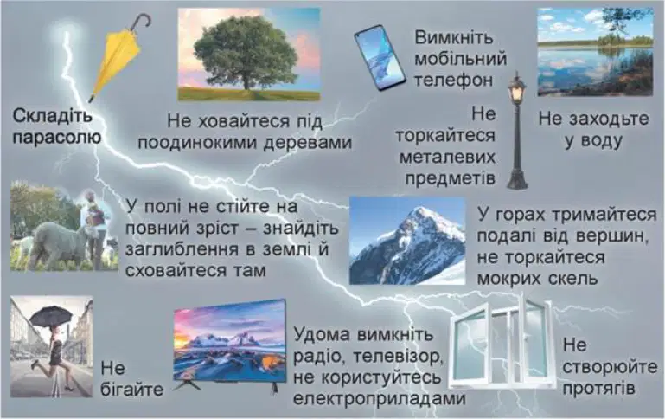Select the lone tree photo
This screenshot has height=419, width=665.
[249, 55]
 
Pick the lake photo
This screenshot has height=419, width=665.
[596, 52]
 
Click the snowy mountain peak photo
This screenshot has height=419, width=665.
[407, 241]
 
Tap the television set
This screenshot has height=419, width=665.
[230, 345]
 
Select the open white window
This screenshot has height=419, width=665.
[503, 341]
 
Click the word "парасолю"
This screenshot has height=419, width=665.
[56, 138]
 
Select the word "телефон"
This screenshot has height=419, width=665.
[453, 81]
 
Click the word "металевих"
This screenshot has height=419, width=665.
[447, 157]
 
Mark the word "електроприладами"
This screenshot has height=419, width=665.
[380, 398]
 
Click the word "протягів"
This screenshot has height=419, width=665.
[598, 389]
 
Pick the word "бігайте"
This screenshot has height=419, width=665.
[132, 390]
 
